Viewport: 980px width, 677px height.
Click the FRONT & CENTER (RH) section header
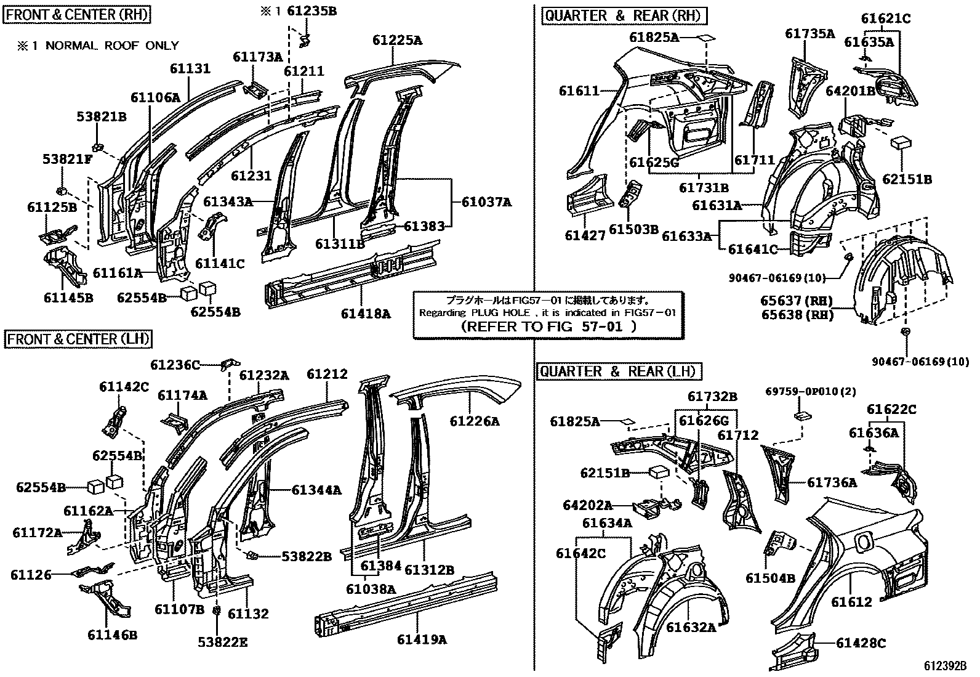(78, 14)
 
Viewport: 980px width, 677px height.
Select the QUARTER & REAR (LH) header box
(619, 371)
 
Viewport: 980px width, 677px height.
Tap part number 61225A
(397, 41)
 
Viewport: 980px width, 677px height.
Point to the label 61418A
(366, 314)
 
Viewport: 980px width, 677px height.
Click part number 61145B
(68, 298)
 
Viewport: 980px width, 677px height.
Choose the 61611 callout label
(579, 91)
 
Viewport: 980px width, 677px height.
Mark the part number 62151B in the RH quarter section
(907, 179)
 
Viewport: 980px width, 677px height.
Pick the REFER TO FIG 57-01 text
(548, 326)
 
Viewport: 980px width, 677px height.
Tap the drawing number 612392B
(945, 666)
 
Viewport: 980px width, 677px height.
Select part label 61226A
(474, 421)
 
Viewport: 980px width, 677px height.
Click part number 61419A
(422, 639)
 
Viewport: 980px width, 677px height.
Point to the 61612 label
(852, 602)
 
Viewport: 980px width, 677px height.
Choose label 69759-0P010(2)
(811, 391)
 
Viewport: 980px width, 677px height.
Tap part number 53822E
(222, 643)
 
